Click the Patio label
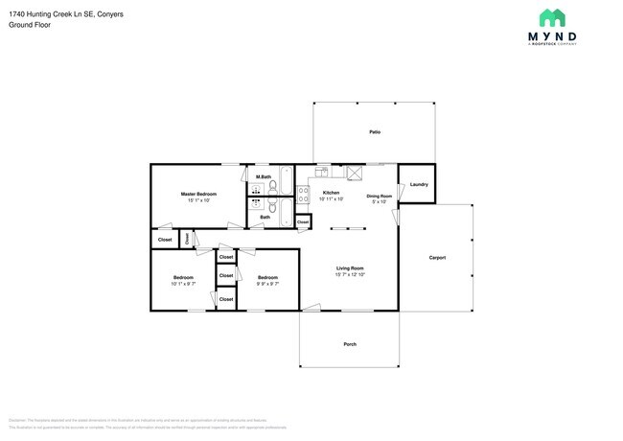376,131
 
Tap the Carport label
437,257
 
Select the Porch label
350,344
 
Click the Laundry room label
418,184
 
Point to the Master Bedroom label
198,194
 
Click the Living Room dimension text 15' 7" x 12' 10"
350,274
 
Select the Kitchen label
331,193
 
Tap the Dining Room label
380,196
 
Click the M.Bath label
263,177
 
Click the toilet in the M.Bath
272,187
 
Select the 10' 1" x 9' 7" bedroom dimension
183,284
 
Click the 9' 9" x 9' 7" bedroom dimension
267,284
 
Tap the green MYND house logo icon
551,18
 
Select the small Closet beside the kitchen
303,221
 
